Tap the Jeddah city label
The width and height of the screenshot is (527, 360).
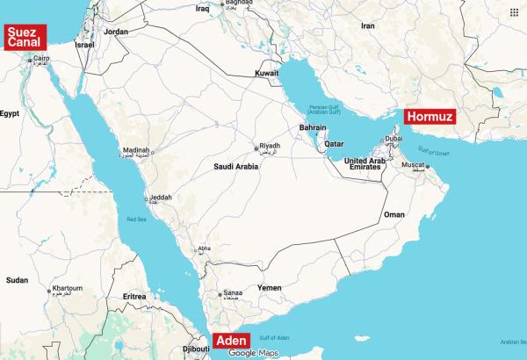(161, 198)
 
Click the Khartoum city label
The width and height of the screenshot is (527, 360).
(67, 289)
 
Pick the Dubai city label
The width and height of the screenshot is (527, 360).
(393, 139)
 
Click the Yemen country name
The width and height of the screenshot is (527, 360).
(270, 287)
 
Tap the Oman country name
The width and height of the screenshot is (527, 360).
(395, 214)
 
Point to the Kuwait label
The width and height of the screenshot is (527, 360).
(267, 73)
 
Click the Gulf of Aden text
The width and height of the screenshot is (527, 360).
(274, 338)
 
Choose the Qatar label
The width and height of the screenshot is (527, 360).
(333, 144)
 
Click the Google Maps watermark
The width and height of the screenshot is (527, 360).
(253, 353)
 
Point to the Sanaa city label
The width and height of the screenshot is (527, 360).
(232, 293)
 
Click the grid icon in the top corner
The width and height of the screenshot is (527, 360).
(513, 11)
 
